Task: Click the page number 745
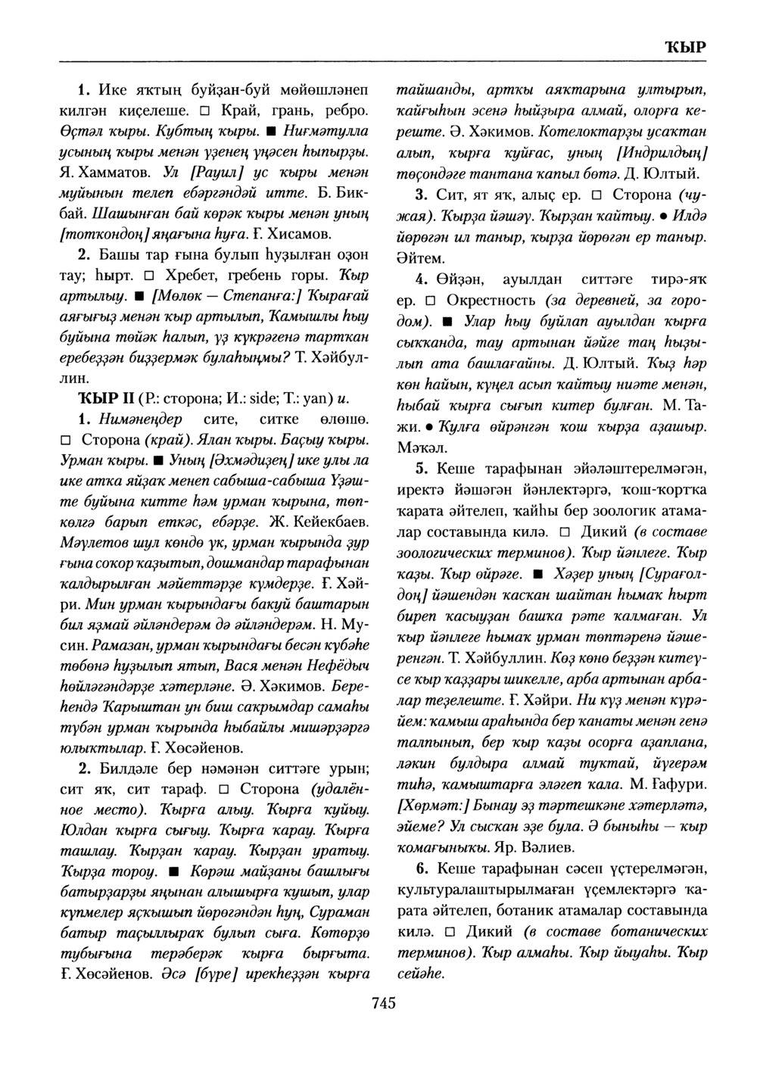(384, 1003)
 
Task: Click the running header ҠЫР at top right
(685, 46)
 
